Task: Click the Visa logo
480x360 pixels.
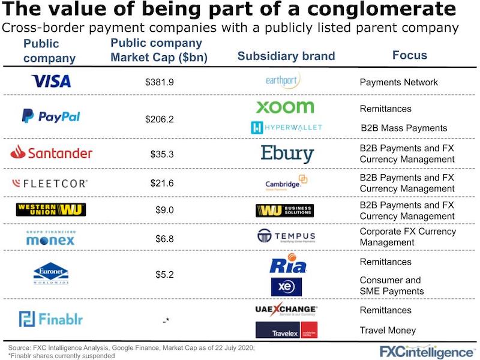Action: pyautogui.click(x=51, y=81)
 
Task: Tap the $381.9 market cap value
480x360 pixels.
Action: pyautogui.click(x=159, y=82)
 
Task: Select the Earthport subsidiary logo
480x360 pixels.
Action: pyautogui.click(x=283, y=80)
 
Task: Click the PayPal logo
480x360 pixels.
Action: pyautogui.click(x=51, y=116)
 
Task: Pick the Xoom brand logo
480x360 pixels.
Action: pyautogui.click(x=285, y=107)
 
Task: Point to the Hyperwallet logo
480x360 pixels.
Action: pyautogui.click(x=286, y=127)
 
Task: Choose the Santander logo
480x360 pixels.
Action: pyautogui.click(x=51, y=153)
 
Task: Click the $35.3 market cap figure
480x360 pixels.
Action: pyautogui.click(x=162, y=154)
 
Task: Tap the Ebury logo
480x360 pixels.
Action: pyautogui.click(x=287, y=153)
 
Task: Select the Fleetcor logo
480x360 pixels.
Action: pyautogui.click(x=51, y=183)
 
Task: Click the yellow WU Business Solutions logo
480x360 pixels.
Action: pyautogui.click(x=284, y=211)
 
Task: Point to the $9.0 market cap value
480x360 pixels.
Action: pyautogui.click(x=164, y=211)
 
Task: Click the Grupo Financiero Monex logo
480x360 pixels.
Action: pyautogui.click(x=50, y=238)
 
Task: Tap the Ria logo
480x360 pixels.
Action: pyautogui.click(x=288, y=265)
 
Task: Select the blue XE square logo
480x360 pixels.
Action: pyautogui.click(x=286, y=287)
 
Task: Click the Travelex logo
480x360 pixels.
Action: pyautogui.click(x=286, y=331)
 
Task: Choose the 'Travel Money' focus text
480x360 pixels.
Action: pyautogui.click(x=388, y=330)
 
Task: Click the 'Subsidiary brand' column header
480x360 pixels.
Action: pyautogui.click(x=286, y=56)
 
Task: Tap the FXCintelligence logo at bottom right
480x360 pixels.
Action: pyautogui.click(x=426, y=350)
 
